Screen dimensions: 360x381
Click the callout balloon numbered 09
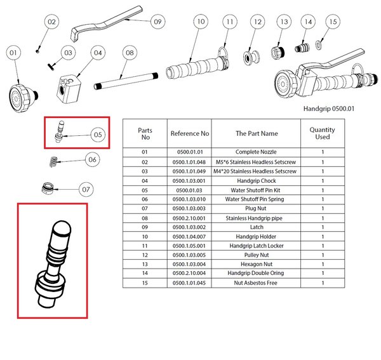(x=157, y=22)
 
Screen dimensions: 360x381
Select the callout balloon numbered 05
(x=97, y=134)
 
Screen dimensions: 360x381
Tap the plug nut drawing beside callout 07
(x=46, y=189)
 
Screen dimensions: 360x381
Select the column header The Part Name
(x=256, y=134)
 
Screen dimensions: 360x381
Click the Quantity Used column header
(x=322, y=133)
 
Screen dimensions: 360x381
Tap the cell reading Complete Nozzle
(x=256, y=152)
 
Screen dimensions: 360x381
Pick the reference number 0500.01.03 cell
(x=189, y=189)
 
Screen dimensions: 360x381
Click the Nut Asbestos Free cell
(x=256, y=282)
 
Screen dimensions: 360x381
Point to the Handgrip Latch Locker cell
(x=256, y=245)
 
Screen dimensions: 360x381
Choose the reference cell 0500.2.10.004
(x=189, y=273)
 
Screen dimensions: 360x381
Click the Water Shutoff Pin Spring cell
(x=256, y=199)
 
